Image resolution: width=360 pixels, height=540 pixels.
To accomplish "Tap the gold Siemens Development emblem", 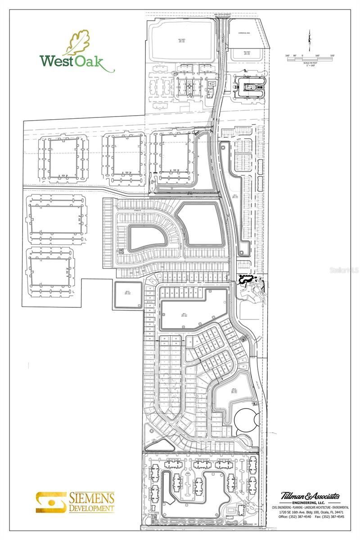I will pyautogui.click(x=50, y=502).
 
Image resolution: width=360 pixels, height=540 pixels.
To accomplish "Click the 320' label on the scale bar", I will pyautogui.click(x=333, y=56).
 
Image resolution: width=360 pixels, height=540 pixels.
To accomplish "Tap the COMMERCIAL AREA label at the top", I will pyautogui.click(x=247, y=32).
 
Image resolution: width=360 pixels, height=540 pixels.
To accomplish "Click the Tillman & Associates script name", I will pyautogui.click(x=310, y=496).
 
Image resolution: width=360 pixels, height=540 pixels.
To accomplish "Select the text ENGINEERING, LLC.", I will pyautogui.click(x=310, y=503).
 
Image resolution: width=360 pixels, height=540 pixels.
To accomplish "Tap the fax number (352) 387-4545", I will pyautogui.click(x=334, y=517).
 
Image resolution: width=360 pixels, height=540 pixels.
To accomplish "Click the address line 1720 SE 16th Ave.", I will pyautogui.click(x=292, y=512).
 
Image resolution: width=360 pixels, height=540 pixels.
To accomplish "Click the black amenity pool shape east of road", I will pyautogui.click(x=247, y=279).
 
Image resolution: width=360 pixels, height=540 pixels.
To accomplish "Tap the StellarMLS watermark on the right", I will pyautogui.click(x=344, y=270).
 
